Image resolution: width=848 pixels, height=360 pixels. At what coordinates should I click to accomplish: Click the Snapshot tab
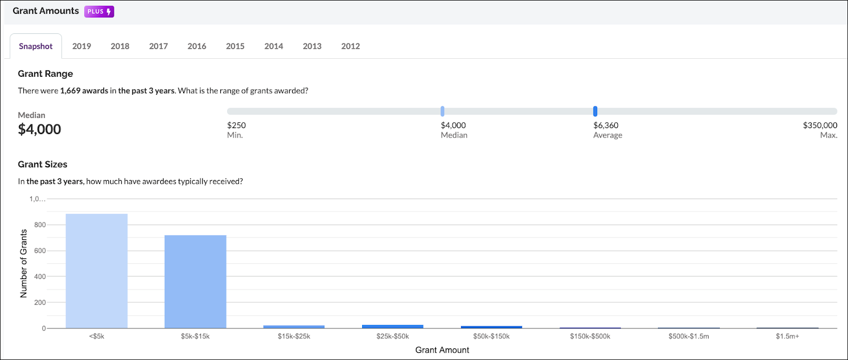click(x=35, y=46)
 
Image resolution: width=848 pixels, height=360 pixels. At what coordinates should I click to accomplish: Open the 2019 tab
click(x=82, y=46)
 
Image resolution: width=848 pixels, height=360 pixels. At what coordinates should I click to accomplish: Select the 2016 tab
click(x=197, y=46)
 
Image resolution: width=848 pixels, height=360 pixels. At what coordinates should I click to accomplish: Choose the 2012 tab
click(x=350, y=46)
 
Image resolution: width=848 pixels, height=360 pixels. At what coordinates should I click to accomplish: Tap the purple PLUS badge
click(x=99, y=12)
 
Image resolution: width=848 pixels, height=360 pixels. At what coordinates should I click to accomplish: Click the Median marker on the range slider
click(x=442, y=111)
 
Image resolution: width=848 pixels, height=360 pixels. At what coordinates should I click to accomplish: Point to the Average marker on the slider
click(x=595, y=111)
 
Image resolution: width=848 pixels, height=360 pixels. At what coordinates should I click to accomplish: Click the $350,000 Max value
click(x=819, y=125)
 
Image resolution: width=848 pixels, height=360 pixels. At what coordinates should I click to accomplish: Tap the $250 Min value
click(x=237, y=125)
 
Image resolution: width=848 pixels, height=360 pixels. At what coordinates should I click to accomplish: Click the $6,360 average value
click(x=606, y=125)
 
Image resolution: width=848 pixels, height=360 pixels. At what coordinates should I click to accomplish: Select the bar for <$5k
click(x=96, y=271)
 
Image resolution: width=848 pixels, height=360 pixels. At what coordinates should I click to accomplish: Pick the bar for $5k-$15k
click(x=195, y=282)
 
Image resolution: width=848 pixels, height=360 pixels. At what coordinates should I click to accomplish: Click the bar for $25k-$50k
click(x=393, y=327)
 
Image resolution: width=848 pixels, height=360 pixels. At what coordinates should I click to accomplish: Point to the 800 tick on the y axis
click(x=40, y=225)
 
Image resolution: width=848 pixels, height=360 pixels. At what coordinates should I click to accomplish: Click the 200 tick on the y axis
click(x=40, y=302)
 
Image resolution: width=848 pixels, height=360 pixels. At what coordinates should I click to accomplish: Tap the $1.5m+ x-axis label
click(x=787, y=336)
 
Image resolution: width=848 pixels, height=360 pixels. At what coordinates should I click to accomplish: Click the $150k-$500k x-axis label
click(x=590, y=336)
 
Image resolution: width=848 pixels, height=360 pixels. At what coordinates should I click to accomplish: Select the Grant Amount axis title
click(x=442, y=350)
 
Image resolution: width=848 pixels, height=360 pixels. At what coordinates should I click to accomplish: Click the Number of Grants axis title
click(x=23, y=263)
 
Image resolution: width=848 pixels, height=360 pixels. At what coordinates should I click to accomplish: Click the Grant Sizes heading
click(x=42, y=164)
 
